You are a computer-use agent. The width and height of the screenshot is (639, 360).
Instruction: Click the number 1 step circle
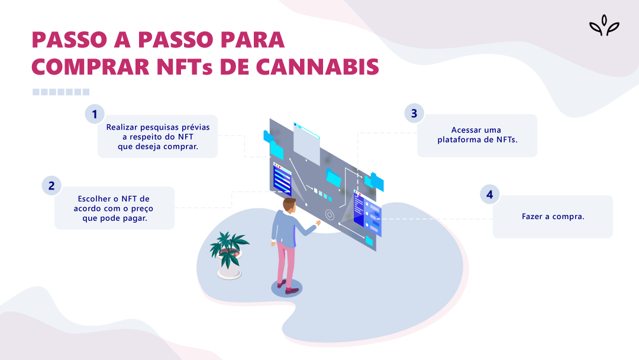click(94, 114)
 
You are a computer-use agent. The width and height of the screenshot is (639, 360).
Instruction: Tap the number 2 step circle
click(51, 185)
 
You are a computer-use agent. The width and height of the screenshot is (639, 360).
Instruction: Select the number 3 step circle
click(414, 113)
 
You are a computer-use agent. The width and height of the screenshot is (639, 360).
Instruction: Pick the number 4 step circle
click(489, 194)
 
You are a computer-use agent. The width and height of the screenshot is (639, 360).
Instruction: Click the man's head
click(289, 205)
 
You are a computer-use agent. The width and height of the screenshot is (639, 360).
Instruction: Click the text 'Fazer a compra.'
click(553, 217)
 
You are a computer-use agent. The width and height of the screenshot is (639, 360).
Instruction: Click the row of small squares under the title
click(61, 92)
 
